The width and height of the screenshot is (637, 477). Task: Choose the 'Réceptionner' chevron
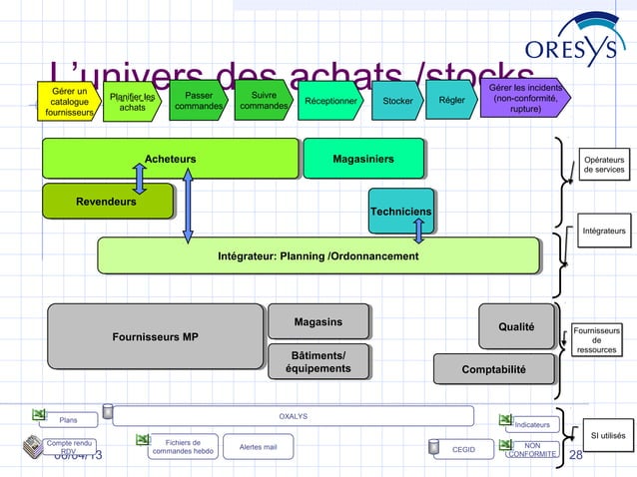[x=328, y=100]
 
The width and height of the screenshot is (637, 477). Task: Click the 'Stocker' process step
[x=396, y=100]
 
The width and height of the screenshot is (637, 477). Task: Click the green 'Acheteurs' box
[x=170, y=159]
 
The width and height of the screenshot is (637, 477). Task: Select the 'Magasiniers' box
[x=362, y=159]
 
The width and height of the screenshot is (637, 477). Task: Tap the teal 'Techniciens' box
[x=400, y=211]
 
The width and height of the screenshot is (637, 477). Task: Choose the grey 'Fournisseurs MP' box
[x=155, y=336]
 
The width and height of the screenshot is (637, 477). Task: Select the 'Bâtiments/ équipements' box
[x=318, y=363]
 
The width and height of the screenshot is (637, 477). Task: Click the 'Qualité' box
[x=516, y=326]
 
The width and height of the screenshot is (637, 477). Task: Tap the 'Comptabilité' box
[x=493, y=369]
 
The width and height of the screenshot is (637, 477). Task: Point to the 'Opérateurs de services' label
[x=603, y=165]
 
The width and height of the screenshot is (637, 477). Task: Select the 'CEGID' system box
[x=463, y=450]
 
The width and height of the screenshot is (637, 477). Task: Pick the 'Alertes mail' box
[x=258, y=449]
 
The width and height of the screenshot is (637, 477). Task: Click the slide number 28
[x=574, y=456]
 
